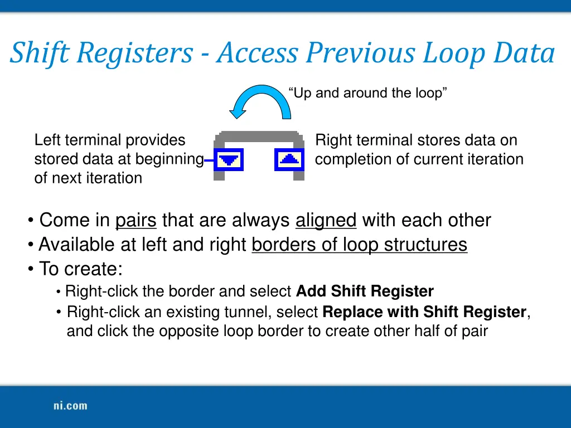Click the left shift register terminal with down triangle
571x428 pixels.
click(x=228, y=161)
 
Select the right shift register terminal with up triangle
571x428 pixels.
click(x=289, y=160)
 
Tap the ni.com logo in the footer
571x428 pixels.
click(x=66, y=406)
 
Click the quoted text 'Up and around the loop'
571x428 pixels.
click(x=367, y=93)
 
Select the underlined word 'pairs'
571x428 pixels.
click(x=136, y=220)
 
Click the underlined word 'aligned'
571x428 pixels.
click(x=326, y=220)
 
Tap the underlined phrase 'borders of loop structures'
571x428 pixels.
click(x=359, y=245)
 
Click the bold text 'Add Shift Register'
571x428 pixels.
click(x=365, y=291)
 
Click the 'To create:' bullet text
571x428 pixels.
click(x=80, y=269)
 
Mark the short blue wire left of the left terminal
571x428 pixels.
click(x=210, y=161)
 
